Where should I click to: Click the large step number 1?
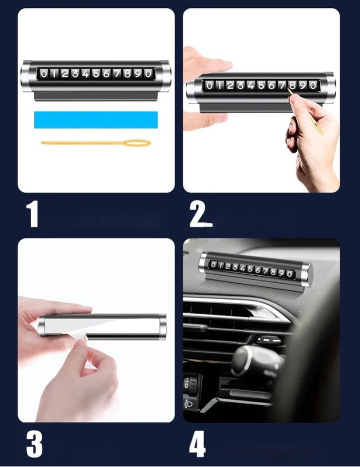32,214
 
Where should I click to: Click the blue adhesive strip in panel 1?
96,120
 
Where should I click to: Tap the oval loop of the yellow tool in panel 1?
137,143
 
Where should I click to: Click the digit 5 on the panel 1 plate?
96,73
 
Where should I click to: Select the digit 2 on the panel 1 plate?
64,73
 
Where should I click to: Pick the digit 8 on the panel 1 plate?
127,73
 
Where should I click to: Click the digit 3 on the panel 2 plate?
240,86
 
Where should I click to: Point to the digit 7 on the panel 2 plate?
282,86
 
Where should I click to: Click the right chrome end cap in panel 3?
163,327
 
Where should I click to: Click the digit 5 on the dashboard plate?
251,269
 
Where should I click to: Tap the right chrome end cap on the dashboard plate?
306,275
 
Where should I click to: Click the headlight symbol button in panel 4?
188,404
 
